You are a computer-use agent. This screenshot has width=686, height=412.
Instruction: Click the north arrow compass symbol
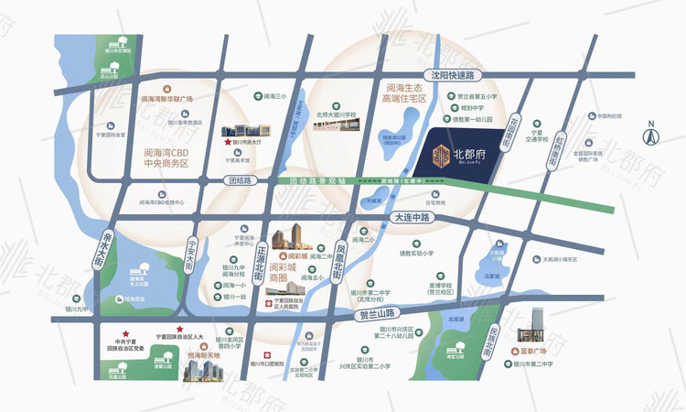pos(652,135)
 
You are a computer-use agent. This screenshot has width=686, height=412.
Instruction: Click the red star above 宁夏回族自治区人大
pos(180,329)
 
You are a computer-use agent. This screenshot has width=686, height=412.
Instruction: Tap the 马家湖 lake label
pos(491,274)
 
